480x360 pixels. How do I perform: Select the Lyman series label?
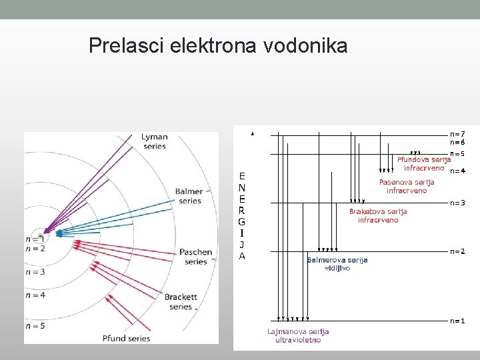click(154, 141)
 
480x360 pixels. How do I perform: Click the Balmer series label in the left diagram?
click(189, 196)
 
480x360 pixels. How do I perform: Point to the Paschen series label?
click(195, 257)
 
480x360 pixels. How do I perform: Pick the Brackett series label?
click(181, 301)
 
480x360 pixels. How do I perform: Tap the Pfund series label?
click(126, 338)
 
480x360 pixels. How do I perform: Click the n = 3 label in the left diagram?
click(35, 272)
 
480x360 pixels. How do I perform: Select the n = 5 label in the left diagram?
click(35, 326)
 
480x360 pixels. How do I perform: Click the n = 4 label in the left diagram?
click(35, 295)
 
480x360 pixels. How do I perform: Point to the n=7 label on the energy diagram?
click(457, 133)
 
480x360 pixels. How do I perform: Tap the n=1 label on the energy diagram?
click(457, 321)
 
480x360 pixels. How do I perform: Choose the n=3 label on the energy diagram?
click(457, 203)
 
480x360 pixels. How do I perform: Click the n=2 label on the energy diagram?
click(457, 251)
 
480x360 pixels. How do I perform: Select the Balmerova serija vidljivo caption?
click(337, 264)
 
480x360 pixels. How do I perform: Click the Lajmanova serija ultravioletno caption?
click(298, 336)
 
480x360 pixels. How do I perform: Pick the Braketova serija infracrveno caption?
click(378, 215)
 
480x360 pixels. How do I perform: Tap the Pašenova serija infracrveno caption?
click(407, 186)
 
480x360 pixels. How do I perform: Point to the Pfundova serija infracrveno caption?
click(424, 163)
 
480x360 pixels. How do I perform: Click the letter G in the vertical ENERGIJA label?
click(242, 221)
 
